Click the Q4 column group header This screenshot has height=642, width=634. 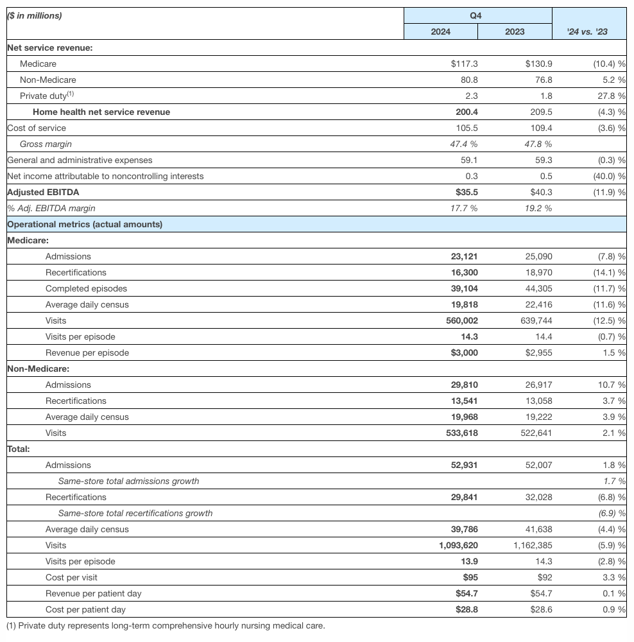pyautogui.click(x=477, y=15)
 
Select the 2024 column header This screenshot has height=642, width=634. pyautogui.click(x=440, y=31)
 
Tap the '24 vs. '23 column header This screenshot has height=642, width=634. pyautogui.click(x=588, y=31)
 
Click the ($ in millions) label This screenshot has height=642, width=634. pyautogui.click(x=35, y=15)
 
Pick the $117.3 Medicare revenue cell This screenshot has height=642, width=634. pyautogui.click(x=464, y=64)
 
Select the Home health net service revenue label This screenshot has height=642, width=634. pyautogui.click(x=101, y=112)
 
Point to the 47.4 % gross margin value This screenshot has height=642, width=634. pyautogui.click(x=464, y=144)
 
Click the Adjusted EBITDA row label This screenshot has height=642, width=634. pyautogui.click(x=43, y=192)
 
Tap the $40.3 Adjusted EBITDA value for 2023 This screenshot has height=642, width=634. pyautogui.click(x=538, y=192)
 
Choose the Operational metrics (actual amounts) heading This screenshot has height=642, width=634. pyautogui.click(x=85, y=224)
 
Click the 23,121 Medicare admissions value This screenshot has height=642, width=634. pyautogui.click(x=464, y=256)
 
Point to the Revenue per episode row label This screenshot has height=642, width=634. pyautogui.click(x=87, y=352)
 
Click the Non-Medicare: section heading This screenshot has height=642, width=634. pyautogui.click(x=38, y=369)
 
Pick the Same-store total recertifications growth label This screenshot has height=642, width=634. pyautogui.click(x=135, y=513)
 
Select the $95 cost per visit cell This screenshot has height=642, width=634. pyautogui.click(x=468, y=577)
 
